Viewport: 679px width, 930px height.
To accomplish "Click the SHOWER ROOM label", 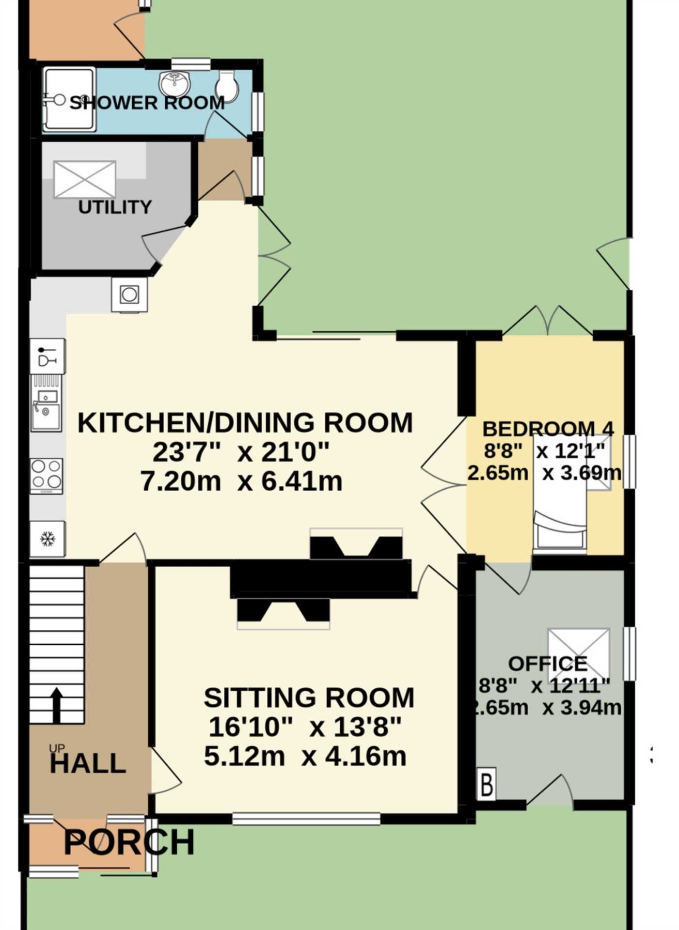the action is [147, 103].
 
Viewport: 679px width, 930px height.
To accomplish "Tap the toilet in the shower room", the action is [226, 86].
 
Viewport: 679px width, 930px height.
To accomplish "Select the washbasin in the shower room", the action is [175, 84].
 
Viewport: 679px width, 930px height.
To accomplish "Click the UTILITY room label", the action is [115, 207].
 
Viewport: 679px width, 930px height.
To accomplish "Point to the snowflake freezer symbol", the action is [47, 539].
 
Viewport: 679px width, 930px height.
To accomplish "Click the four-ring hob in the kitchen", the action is [47, 476].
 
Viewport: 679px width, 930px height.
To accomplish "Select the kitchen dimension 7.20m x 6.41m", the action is [241, 481].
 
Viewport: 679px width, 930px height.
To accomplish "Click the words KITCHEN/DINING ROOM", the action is [245, 422].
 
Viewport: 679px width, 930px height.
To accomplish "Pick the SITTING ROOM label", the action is [309, 697].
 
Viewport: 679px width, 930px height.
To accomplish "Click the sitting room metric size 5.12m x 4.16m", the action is [305, 756].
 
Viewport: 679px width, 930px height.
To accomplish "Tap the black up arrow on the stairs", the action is [57, 705].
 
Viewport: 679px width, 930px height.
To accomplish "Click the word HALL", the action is [88, 764].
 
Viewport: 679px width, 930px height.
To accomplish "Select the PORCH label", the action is [129, 842].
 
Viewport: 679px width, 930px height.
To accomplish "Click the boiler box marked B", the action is [486, 783].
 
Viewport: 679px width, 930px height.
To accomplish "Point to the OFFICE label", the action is [548, 664].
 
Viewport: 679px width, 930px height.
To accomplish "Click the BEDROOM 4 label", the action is [548, 429].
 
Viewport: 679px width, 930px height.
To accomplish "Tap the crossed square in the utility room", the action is [85, 180].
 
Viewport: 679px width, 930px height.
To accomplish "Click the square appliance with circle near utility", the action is [129, 294].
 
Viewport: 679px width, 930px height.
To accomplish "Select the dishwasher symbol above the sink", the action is [47, 356].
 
